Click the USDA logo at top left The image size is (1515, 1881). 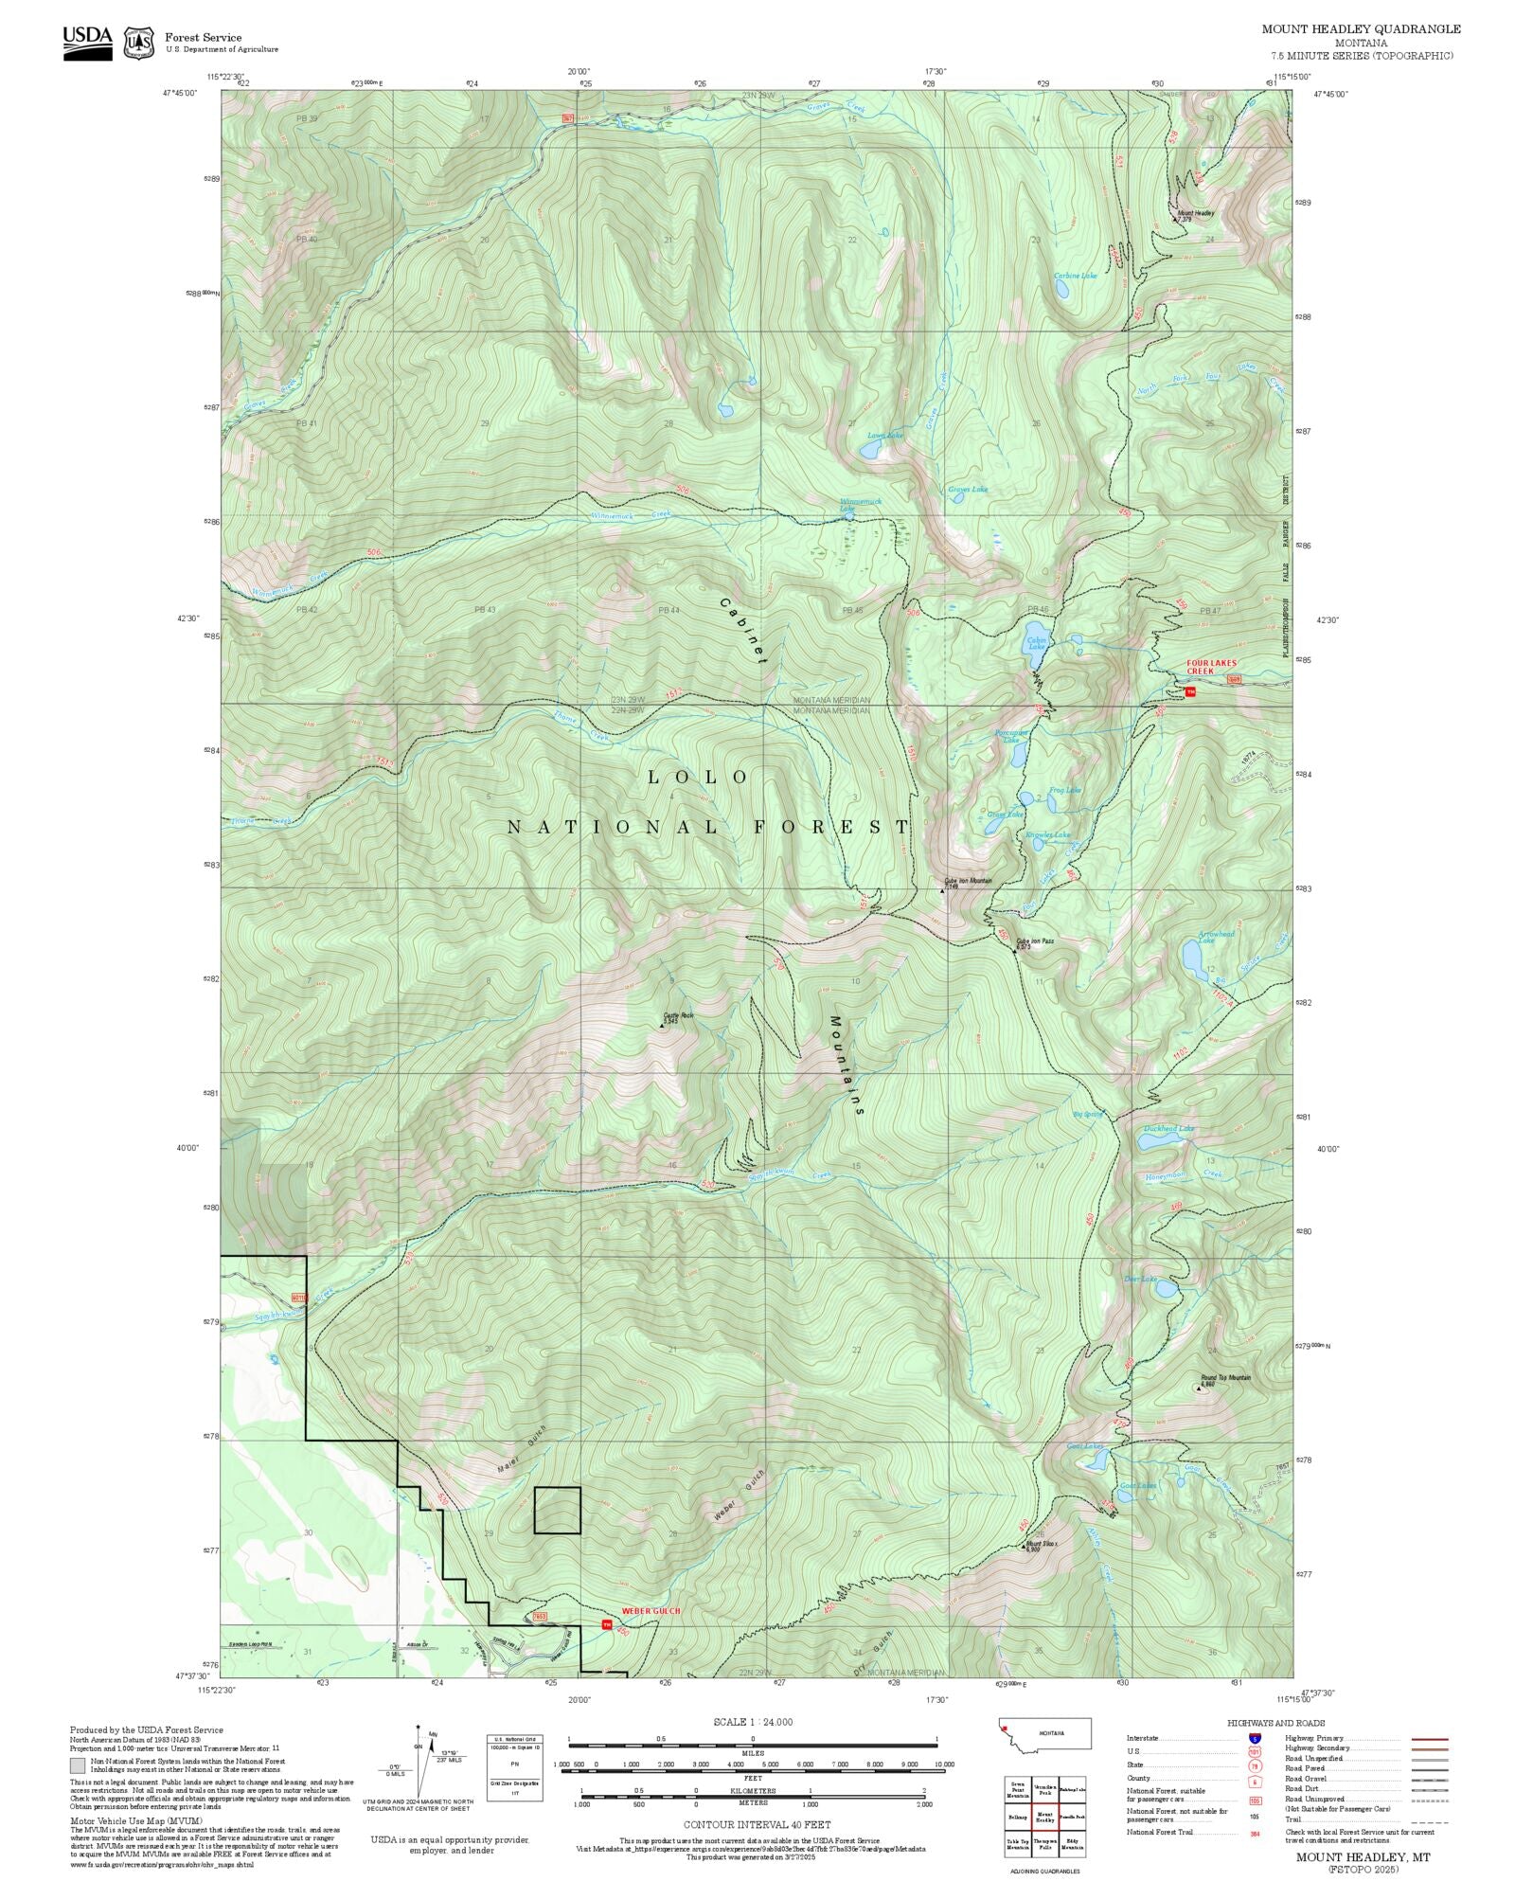87,43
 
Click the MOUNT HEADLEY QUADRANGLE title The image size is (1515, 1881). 1360,29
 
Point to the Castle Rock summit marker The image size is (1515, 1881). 662,1025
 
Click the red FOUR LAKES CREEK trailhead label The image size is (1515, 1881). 1211,667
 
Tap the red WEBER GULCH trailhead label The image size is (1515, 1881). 651,1611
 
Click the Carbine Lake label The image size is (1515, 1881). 1075,276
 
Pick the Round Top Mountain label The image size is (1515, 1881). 1225,1378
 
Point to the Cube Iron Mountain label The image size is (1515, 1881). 967,882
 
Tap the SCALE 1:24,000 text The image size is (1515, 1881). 753,1722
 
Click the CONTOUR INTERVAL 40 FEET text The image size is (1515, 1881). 757,1824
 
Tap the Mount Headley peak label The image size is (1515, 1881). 1195,213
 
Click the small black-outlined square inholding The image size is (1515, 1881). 557,1510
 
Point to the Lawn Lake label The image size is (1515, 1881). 884,436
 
